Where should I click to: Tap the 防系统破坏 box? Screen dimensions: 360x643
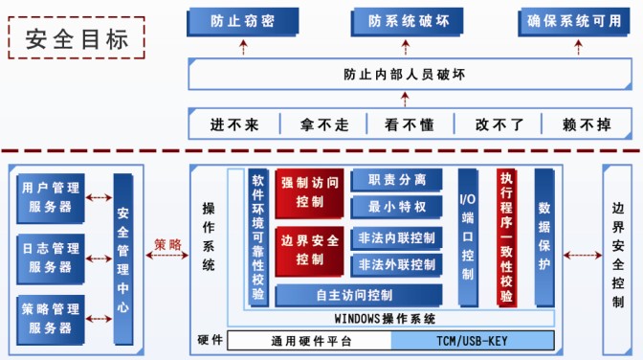click(x=400, y=20)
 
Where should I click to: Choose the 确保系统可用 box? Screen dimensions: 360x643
click(x=575, y=20)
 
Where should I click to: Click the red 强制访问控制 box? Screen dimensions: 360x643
click(x=309, y=192)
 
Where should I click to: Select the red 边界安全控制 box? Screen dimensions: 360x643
click(x=309, y=249)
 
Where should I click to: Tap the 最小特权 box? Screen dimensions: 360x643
click(x=396, y=206)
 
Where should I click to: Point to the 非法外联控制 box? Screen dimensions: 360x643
click(x=396, y=264)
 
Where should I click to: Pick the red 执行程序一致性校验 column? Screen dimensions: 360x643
click(x=506, y=237)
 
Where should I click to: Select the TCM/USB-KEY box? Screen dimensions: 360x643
click(x=473, y=341)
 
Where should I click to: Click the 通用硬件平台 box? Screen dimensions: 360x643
click(x=310, y=341)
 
